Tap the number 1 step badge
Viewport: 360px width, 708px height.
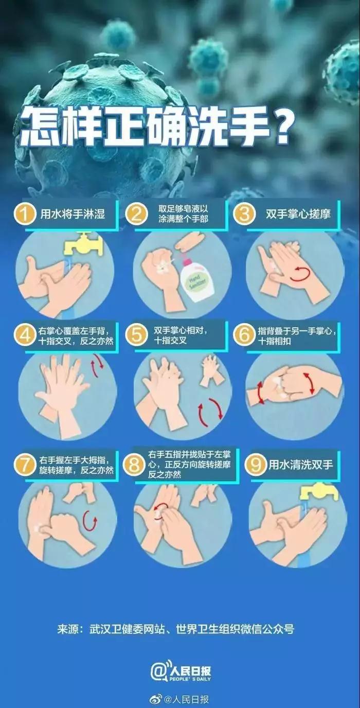point(24,214)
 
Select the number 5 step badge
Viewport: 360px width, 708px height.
point(137,335)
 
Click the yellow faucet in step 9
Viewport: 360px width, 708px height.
point(319,491)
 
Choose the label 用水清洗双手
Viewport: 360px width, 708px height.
point(301,465)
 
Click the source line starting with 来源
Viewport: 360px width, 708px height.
point(175,629)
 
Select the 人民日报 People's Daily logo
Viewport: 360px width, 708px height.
point(181,672)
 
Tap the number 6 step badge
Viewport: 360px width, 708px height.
point(244,335)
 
